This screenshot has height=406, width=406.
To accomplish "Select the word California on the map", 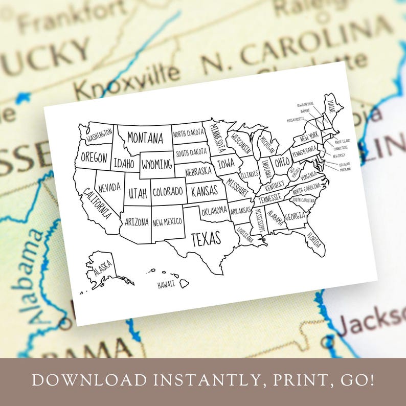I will pyautogui.click(x=98, y=202).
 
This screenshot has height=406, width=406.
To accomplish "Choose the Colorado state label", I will pyautogui.click(x=168, y=192).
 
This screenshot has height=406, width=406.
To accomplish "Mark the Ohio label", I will pyautogui.click(x=282, y=164).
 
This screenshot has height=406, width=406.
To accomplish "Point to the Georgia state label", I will pyautogui.click(x=295, y=217).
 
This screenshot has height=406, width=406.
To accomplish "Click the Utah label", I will pyautogui.click(x=138, y=193).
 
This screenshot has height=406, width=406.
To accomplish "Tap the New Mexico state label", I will pyautogui.click(x=167, y=221).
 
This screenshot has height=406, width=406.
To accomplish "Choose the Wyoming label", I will pyautogui.click(x=157, y=165).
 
